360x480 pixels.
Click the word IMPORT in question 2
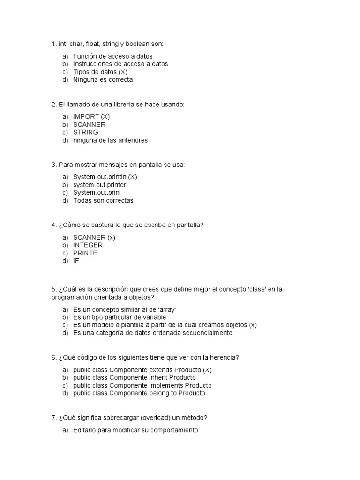tap(86, 116)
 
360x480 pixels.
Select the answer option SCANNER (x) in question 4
tap(94, 237)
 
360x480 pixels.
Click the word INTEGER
tap(88, 245)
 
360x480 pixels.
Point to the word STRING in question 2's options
tap(86, 132)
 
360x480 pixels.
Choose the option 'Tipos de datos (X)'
tap(100, 72)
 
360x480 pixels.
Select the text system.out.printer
tap(99, 185)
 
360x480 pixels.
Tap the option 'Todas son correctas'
tap(103, 200)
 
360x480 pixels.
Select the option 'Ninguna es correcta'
tap(103, 79)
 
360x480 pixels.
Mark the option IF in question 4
tap(76, 260)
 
